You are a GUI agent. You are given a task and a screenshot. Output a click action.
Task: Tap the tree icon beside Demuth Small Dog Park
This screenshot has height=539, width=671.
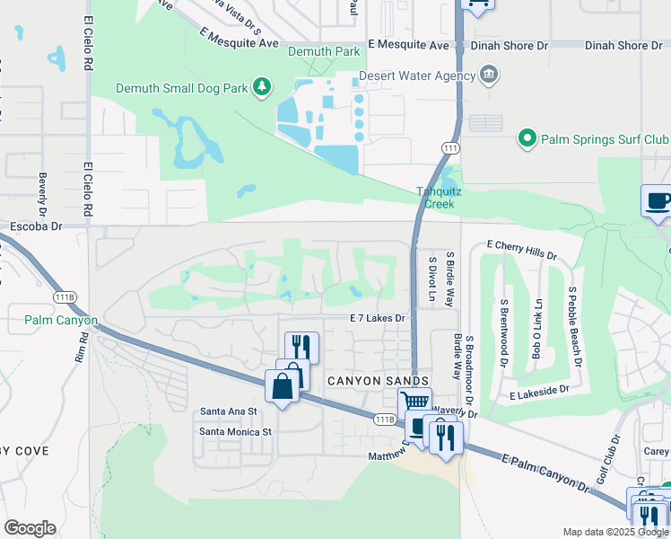tap(261, 87)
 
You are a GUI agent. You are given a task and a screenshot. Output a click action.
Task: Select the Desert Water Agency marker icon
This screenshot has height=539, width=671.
tap(488, 74)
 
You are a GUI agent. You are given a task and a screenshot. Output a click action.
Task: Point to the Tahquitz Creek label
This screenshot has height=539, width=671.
tap(435, 197)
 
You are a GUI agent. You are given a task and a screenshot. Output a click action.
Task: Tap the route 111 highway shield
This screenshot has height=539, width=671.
tap(449, 146)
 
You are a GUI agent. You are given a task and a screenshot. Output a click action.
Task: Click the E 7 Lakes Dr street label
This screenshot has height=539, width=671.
tap(378, 318)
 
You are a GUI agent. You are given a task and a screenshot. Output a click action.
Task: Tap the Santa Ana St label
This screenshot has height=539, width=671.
tap(229, 411)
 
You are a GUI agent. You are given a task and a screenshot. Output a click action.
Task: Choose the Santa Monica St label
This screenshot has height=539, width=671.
tap(235, 431)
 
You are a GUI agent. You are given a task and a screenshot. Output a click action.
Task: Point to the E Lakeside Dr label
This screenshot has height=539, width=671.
tap(539, 391)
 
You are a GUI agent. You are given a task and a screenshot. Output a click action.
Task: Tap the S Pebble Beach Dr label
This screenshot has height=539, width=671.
tap(575, 326)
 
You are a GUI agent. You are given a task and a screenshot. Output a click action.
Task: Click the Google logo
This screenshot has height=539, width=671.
tap(30, 528)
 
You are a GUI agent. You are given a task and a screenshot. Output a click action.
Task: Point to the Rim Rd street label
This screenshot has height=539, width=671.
tap(83, 349)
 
